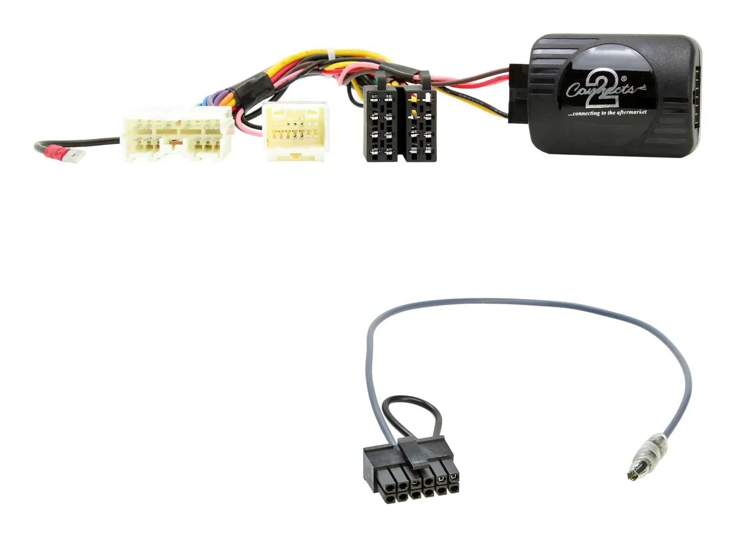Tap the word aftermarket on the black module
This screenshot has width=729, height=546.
[x=631, y=112]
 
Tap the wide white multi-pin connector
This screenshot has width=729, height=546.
[x=178, y=134]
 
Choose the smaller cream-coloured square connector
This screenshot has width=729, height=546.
[x=295, y=131]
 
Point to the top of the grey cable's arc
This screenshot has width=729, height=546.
[x=524, y=301]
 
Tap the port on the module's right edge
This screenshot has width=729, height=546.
[x=697, y=96]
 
